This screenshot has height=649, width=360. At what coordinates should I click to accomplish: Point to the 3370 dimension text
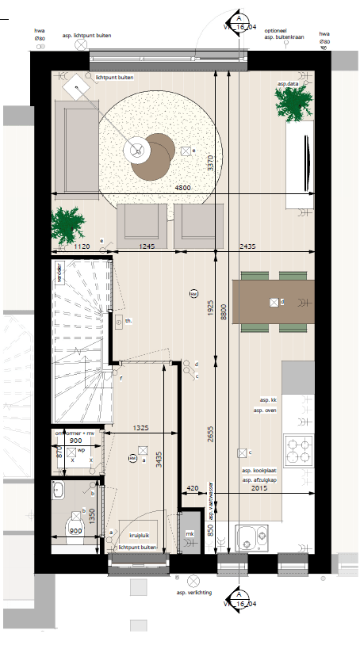tap(210, 163)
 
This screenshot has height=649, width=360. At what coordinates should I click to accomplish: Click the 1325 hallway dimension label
tap(143, 429)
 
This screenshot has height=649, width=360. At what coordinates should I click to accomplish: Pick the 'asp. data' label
tap(288, 83)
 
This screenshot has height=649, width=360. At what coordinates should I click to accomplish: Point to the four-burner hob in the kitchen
tap(299, 451)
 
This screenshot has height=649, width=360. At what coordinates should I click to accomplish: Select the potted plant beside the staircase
tap(68, 224)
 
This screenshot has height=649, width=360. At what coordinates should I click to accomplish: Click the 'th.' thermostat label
tap(128, 321)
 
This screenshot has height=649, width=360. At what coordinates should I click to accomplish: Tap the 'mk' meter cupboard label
tap(190, 534)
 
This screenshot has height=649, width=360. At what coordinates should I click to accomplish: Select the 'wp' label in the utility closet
tap(81, 451)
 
